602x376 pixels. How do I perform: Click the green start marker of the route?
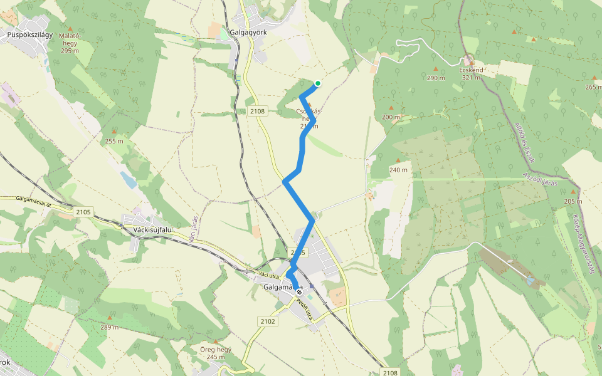(318, 83)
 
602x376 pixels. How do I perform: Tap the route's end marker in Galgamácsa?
(299, 291)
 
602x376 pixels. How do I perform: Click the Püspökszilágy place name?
(30, 35)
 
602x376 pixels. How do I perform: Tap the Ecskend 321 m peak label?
(471, 73)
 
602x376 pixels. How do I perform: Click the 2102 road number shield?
(267, 321)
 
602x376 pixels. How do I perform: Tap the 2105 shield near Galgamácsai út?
(83, 212)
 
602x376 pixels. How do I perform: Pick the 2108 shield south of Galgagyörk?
(258, 111)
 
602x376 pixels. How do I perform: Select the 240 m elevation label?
(398, 170)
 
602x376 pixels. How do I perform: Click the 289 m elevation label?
(109, 326)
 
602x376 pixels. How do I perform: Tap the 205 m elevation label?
(573, 201)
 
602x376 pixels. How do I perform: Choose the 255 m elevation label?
(114, 141)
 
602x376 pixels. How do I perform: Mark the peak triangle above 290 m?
(436, 69)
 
